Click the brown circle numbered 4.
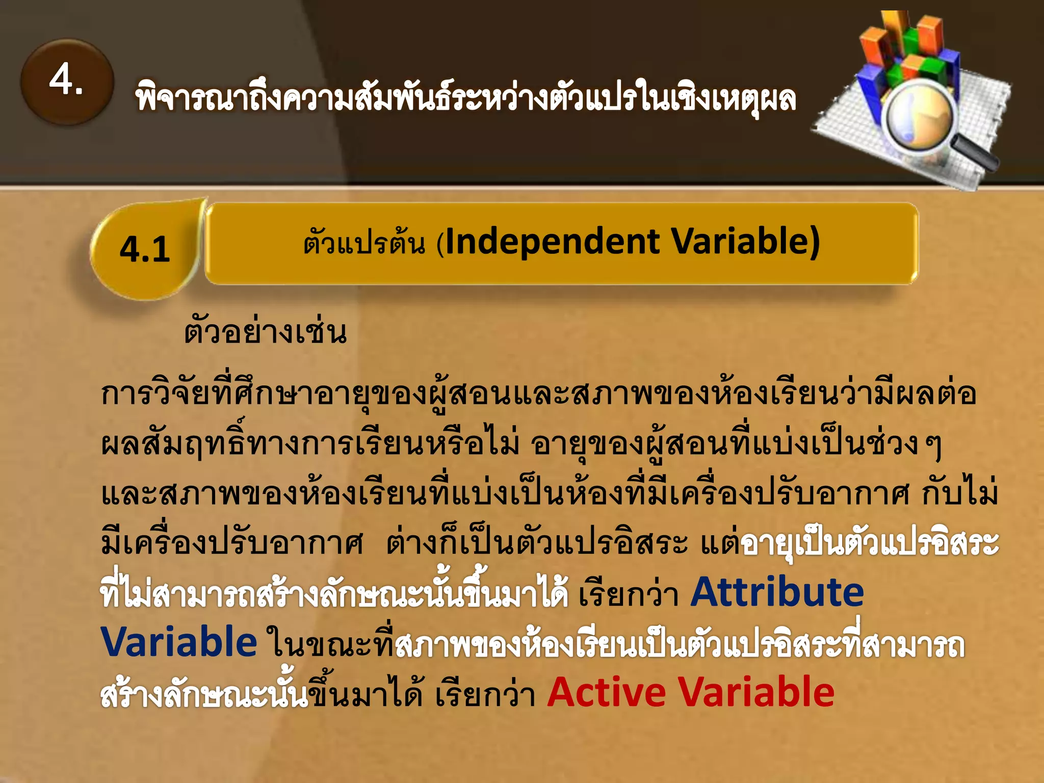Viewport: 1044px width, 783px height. click(x=67, y=82)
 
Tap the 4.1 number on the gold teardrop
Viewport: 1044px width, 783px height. click(x=145, y=250)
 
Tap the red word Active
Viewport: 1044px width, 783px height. click(x=607, y=692)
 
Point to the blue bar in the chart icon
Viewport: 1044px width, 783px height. click(x=868, y=94)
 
